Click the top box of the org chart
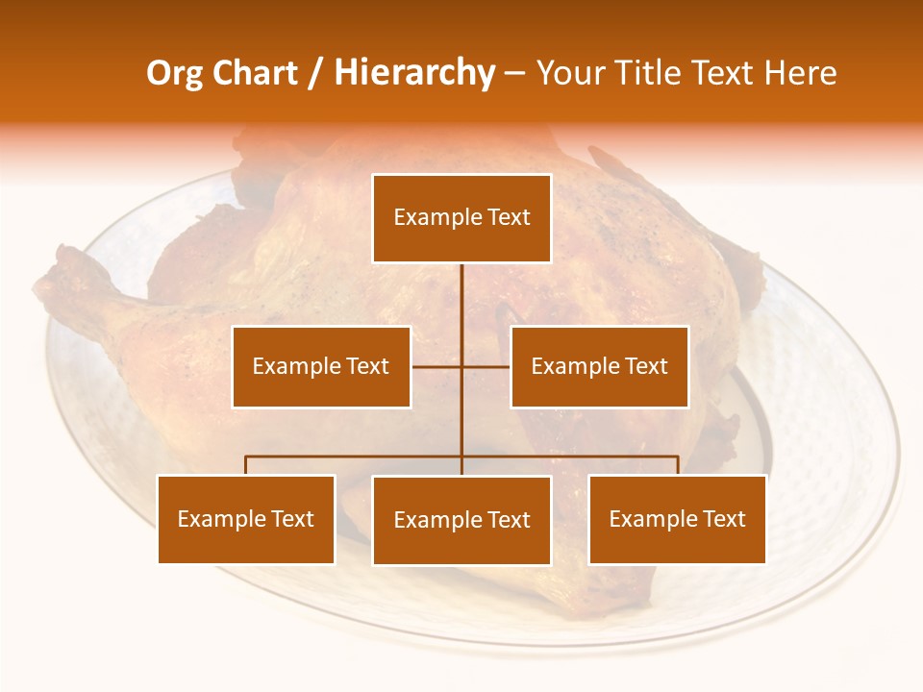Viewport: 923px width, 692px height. pyautogui.click(x=461, y=218)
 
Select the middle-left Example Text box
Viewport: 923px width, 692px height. pyautogui.click(x=321, y=366)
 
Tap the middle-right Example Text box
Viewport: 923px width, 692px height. pyautogui.click(x=599, y=366)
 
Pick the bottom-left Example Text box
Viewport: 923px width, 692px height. pyautogui.click(x=246, y=519)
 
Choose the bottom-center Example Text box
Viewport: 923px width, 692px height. pyautogui.click(x=461, y=520)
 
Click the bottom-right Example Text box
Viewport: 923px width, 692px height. pyautogui.click(x=677, y=519)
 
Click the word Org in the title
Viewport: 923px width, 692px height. pyautogui.click(x=174, y=73)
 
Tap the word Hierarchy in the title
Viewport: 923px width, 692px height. pyautogui.click(x=413, y=73)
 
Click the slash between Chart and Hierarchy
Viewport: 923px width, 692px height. pyautogui.click(x=314, y=73)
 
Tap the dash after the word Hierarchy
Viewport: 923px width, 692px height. pyautogui.click(x=514, y=74)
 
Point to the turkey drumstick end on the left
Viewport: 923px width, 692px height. pyautogui.click(x=58, y=274)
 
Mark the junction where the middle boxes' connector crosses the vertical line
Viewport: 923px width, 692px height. pyautogui.click(x=461, y=366)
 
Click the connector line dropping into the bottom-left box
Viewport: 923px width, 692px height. pyautogui.click(x=246, y=465)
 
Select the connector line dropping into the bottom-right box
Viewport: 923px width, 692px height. pyautogui.click(x=678, y=465)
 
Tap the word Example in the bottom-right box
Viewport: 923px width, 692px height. pyautogui.click(x=650, y=519)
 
